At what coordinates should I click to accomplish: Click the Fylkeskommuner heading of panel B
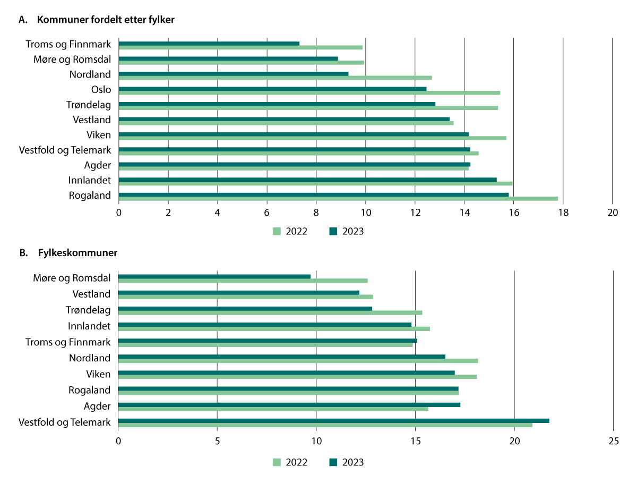pos(78,252)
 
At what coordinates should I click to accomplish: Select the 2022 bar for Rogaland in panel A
pos(338,199)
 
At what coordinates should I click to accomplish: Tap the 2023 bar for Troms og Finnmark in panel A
pos(209,44)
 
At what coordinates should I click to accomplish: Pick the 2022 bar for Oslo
pos(309,93)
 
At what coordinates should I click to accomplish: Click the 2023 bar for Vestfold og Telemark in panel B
pos(333,420)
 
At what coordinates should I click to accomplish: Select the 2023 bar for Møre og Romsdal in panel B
pos(214,276)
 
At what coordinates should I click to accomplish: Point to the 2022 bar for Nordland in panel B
pos(297,361)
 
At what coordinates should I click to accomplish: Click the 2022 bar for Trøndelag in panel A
pos(308,108)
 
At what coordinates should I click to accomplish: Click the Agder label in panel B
pos(97,406)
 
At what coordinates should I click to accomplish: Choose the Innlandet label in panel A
pos(89,180)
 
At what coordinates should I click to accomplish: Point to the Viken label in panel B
pos(98,374)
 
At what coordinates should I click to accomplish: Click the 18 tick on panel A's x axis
pos(563,213)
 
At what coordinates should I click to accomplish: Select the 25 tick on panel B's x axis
pos(613,440)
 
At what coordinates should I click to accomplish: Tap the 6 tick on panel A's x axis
pos(266,213)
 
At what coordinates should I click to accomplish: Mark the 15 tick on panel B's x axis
pos(415,440)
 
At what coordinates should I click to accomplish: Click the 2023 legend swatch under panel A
pos(333,231)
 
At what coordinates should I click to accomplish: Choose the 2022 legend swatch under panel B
pos(277,462)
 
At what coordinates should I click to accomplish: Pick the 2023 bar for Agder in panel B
pos(289,404)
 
